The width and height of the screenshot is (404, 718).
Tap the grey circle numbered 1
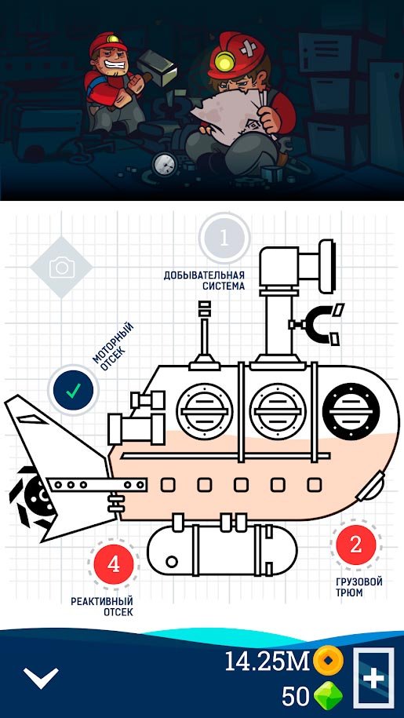click(224, 238)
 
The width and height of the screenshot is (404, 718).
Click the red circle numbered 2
click(356, 545)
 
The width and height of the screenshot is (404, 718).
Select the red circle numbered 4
click(114, 565)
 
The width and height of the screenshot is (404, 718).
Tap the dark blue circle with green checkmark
click(73, 390)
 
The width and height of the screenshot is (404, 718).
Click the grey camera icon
click(62, 268)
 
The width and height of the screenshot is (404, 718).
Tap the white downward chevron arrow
click(41, 677)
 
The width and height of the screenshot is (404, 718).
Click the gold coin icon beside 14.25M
click(328, 660)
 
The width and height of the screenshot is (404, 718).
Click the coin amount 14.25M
click(268, 662)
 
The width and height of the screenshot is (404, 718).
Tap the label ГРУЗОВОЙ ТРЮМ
click(359, 588)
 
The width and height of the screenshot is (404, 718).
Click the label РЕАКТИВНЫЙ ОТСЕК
click(101, 607)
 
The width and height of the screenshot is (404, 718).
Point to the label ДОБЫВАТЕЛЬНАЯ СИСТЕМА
click(204, 281)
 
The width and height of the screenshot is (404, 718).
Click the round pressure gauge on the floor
click(166, 163)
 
